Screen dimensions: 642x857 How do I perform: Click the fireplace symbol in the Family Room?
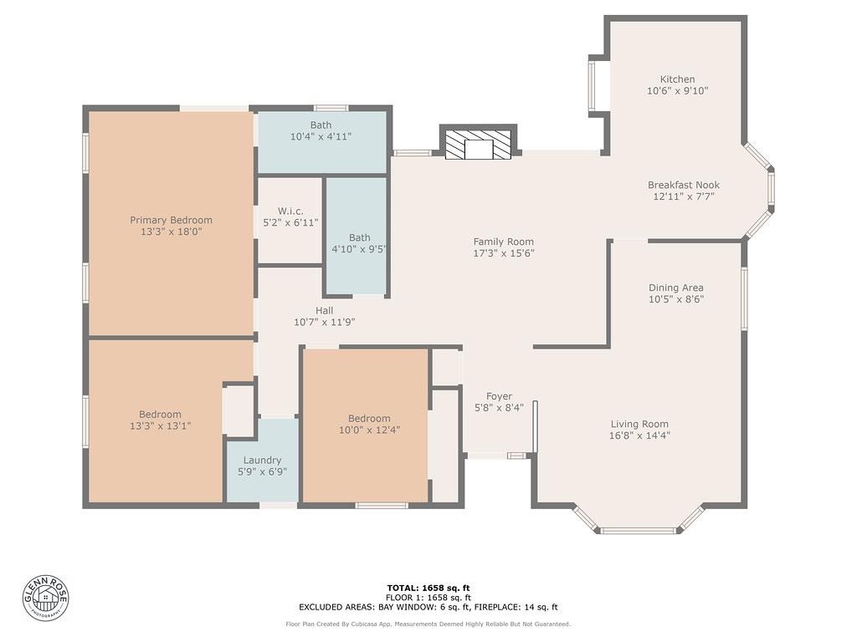[x=478, y=145]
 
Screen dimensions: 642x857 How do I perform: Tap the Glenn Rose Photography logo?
[x=46, y=597]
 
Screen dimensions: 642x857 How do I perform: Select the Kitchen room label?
[x=677, y=79]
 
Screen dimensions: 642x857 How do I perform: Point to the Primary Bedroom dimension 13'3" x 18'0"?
[x=171, y=232]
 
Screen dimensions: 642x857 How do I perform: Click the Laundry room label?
[x=262, y=460]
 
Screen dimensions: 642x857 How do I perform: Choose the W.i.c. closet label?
[x=290, y=211]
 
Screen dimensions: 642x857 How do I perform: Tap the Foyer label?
[x=499, y=396]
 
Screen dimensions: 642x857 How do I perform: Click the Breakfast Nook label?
[x=683, y=185]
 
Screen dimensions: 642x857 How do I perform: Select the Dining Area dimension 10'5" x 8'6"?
[x=675, y=298]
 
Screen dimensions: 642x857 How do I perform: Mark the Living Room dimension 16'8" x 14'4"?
[x=639, y=435]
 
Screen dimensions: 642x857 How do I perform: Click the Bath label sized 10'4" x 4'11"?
[x=321, y=125]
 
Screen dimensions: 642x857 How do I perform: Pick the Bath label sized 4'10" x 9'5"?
[x=359, y=237]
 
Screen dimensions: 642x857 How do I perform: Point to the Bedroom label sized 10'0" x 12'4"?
[x=369, y=419]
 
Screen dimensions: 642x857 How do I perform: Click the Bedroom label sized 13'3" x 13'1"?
[x=160, y=414]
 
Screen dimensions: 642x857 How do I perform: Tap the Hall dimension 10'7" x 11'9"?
[x=324, y=321]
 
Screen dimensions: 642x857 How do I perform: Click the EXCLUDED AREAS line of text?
[x=428, y=607]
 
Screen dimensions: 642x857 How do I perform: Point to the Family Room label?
[x=503, y=242]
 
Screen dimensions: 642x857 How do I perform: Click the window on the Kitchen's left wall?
[x=592, y=86]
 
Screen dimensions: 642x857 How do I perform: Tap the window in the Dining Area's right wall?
[x=744, y=298]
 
